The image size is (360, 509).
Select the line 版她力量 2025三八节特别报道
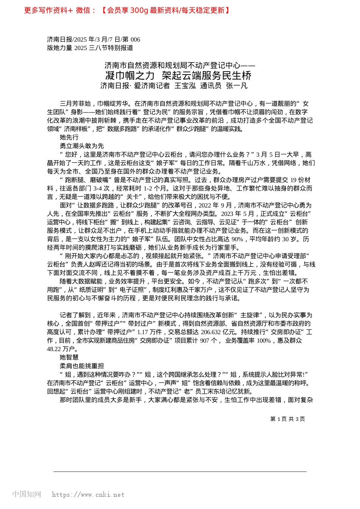90,48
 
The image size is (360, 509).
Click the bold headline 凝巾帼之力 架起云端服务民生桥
178,75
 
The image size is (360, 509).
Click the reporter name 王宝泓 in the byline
185,86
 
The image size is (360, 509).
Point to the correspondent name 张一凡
236,86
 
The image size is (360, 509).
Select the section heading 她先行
69,137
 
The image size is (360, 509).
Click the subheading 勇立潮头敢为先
81,146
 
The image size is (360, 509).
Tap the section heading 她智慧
69,357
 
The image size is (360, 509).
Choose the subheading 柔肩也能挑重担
81,366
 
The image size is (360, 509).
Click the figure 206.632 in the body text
211,332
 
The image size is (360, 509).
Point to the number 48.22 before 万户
55,349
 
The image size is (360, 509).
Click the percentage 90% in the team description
237,239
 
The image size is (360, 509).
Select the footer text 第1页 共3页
287,419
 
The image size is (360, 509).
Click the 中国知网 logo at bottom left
27,494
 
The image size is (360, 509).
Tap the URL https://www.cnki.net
88,495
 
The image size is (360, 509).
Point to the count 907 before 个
204,340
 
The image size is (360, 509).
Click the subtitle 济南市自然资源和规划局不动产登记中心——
180,66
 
